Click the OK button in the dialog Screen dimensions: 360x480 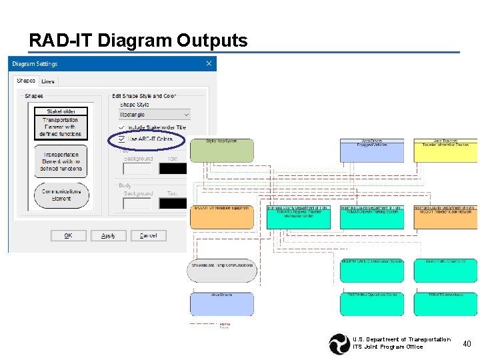pyautogui.click(x=68, y=235)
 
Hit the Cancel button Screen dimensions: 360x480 pyautogui.click(x=148, y=235)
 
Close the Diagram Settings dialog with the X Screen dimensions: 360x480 pyautogui.click(x=209, y=64)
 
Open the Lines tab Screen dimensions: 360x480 pyautogui.click(x=48, y=81)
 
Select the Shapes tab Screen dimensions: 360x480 pyautogui.click(x=26, y=81)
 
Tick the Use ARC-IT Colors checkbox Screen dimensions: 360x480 pyautogui.click(x=121, y=139)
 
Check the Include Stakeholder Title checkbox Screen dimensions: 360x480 pyautogui.click(x=121, y=127)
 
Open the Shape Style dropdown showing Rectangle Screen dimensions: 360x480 pyautogui.click(x=154, y=115)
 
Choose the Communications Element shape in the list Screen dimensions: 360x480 pyautogui.click(x=61, y=195)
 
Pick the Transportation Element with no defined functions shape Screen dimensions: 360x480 pyautogui.click(x=61, y=161)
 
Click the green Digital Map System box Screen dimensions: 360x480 pyautogui.click(x=221, y=151)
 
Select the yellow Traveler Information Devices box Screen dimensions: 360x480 pyautogui.click(x=445, y=151)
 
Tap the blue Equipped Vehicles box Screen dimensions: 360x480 pyautogui.click(x=372, y=151)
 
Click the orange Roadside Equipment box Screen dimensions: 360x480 pyautogui.click(x=222, y=217)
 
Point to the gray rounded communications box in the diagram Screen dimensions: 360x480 pyautogui.click(x=222, y=271)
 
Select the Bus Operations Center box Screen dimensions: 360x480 pyautogui.click(x=372, y=304)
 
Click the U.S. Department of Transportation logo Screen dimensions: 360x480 pyautogui.click(x=339, y=343)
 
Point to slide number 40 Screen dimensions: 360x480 pyautogui.click(x=467, y=343)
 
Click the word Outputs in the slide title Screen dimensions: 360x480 pyautogui.click(x=212, y=41)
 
